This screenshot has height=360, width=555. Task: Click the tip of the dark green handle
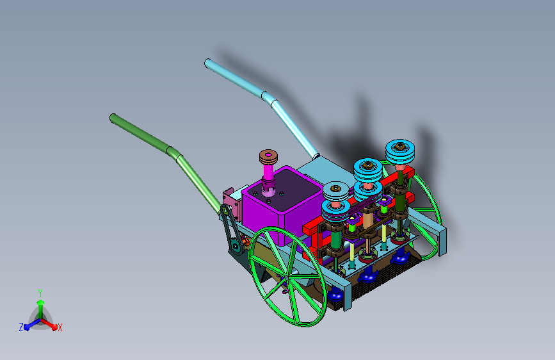tap(113, 118)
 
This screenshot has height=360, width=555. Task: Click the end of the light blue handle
tap(208, 63)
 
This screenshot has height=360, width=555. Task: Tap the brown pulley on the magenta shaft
tap(268, 157)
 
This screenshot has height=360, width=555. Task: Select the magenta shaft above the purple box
tap(268, 173)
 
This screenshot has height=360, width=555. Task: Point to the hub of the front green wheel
tap(287, 277)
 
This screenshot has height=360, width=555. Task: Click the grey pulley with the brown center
tap(336, 192)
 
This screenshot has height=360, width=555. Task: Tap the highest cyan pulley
tap(400, 151)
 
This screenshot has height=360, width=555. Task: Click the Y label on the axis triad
tap(40, 293)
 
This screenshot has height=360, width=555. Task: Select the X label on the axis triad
tap(60, 327)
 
